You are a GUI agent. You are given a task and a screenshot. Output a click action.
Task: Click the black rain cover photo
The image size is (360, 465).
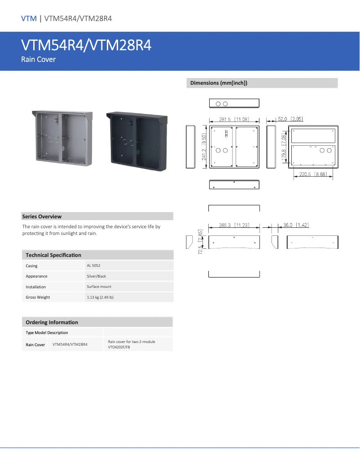136,141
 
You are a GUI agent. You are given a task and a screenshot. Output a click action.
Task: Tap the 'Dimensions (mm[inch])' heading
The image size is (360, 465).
219,83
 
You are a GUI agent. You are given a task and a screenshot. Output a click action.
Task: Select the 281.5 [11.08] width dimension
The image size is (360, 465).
234,119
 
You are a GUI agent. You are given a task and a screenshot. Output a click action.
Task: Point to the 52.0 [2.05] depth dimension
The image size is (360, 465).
290,119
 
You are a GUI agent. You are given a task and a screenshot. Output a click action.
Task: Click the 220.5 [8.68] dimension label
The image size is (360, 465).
313,174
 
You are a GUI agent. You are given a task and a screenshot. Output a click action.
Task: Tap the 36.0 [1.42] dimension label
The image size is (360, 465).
296,225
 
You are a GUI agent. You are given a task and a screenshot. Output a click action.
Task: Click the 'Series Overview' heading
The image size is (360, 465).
42,217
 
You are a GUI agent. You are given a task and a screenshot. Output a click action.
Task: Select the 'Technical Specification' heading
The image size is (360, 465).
53,255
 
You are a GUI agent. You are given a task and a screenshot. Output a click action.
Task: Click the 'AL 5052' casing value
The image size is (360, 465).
93,266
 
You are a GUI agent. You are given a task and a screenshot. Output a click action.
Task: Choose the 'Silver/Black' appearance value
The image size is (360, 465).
97,276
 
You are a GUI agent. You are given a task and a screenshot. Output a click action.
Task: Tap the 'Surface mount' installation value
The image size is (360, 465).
99,287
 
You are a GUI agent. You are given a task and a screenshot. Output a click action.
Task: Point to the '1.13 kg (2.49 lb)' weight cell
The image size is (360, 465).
100,297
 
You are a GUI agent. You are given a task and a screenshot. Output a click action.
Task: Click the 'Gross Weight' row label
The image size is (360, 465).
38,297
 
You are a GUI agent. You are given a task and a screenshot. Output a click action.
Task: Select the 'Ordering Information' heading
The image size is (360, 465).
52,322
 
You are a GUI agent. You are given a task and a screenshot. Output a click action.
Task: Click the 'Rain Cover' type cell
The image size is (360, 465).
35,345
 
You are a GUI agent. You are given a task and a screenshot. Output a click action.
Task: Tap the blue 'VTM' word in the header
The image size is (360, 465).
29,18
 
